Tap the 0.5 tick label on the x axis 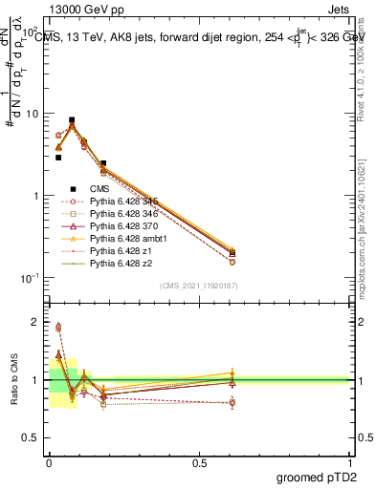199,463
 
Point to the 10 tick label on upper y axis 32,114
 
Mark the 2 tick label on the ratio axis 36,322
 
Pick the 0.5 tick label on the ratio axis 32,438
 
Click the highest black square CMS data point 72,120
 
